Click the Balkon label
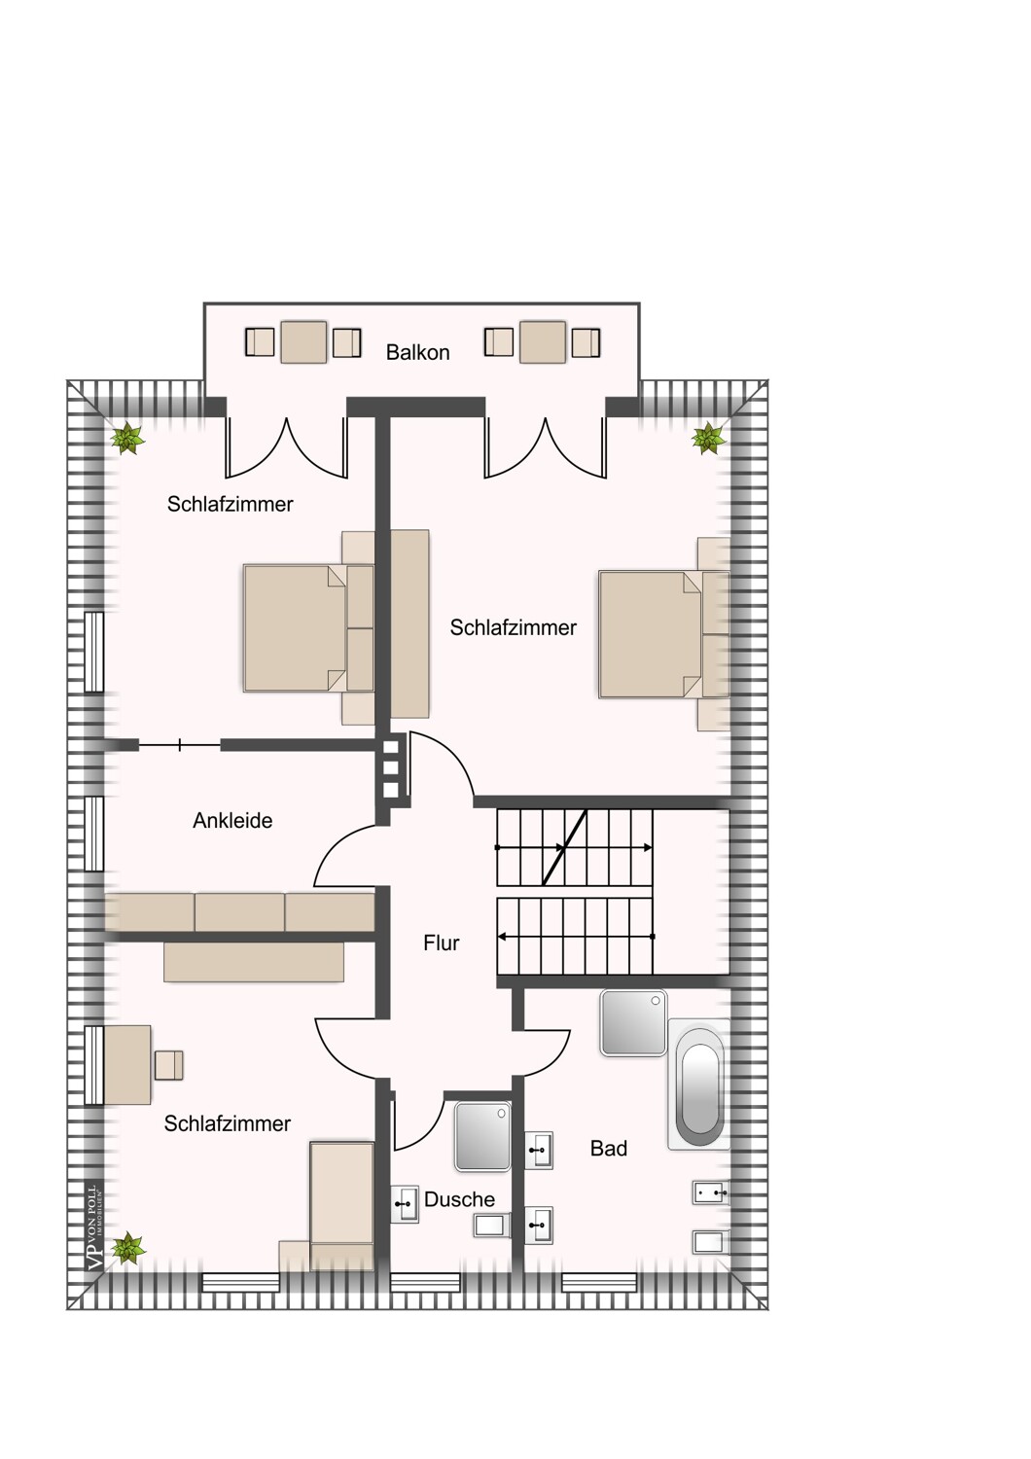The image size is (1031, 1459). click(417, 352)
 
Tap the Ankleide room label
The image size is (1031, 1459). click(232, 820)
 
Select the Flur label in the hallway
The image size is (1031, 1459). click(442, 943)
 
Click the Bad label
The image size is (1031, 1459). click(609, 1149)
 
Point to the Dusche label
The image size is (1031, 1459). click(459, 1199)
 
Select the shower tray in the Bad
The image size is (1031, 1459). click(633, 1023)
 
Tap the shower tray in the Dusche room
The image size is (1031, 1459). click(482, 1136)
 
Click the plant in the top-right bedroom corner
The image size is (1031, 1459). click(708, 439)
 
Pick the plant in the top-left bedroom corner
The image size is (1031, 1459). click(126, 439)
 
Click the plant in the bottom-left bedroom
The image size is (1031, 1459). click(126, 1247)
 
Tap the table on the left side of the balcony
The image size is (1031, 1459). click(303, 342)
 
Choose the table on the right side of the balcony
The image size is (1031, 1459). click(543, 342)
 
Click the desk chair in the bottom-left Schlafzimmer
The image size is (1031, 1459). click(168, 1065)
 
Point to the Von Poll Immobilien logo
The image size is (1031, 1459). click(93, 1228)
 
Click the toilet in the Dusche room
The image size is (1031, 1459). click(491, 1225)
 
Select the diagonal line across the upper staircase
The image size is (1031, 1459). click(564, 847)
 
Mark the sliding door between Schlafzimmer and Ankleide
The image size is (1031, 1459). click(180, 745)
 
